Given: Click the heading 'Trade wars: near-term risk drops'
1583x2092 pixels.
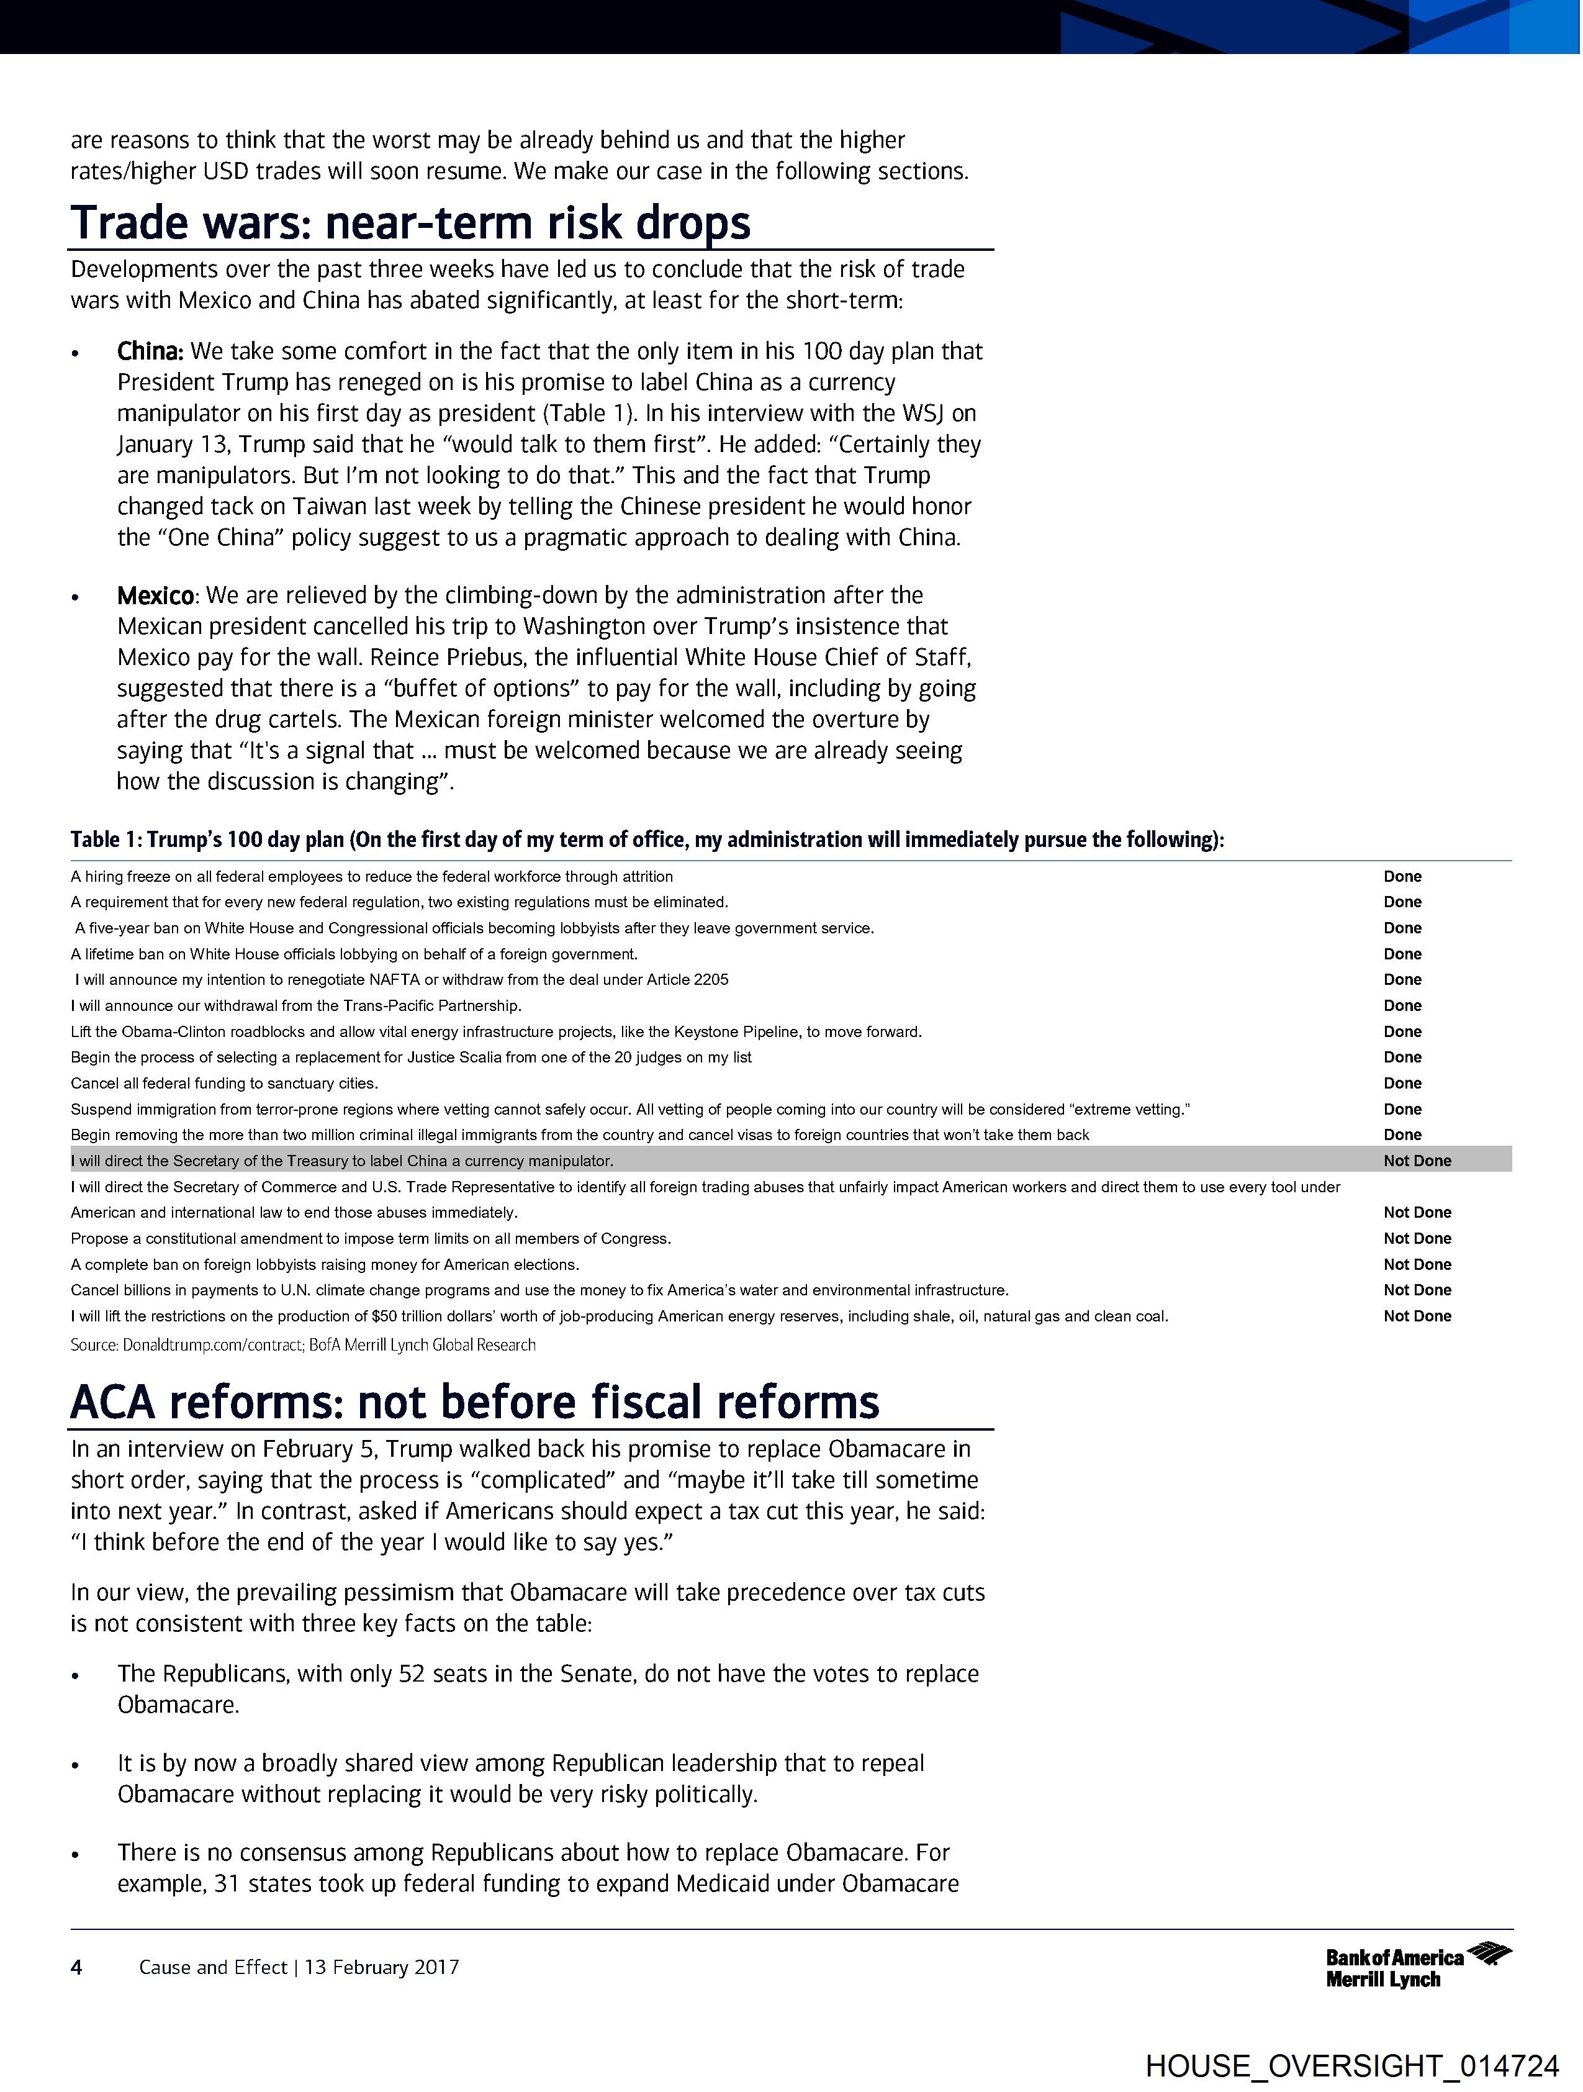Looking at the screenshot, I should coord(410,223).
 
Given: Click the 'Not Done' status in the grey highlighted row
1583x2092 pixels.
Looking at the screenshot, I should coord(1417,1161).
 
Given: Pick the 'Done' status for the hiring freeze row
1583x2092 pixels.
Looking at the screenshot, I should coord(1402,877).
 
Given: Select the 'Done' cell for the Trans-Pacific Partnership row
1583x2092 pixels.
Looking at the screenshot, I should coord(1402,1005).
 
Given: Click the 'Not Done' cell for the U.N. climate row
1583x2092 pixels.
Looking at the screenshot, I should coord(1417,1290).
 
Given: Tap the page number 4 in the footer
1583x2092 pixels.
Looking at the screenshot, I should coord(76,1967).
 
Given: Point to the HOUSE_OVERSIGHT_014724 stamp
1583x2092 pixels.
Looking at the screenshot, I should coord(1351,2065).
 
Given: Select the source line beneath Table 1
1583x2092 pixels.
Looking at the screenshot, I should coord(302,1345).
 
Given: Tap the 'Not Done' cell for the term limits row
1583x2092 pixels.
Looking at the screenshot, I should coord(1417,1238).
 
